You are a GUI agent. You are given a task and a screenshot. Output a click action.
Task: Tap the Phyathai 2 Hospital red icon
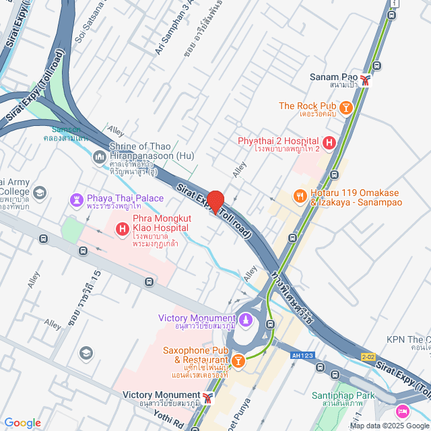[329, 143]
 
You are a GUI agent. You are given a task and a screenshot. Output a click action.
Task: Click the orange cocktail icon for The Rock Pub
[345, 107]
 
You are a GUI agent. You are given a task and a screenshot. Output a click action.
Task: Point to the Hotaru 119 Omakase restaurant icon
[300, 196]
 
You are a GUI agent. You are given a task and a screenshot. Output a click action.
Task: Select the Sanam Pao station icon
[366, 80]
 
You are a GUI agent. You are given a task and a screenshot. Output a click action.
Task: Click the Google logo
[22, 422]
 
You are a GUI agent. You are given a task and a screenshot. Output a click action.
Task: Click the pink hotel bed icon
[403, 411]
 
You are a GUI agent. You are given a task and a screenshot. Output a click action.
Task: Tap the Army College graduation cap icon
[39, 193]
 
